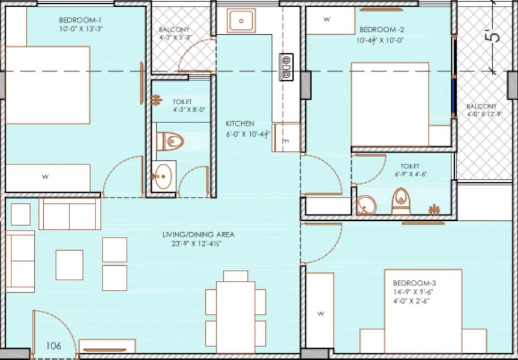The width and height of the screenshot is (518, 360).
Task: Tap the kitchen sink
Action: click(x=242, y=21)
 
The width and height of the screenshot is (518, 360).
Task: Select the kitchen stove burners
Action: click(x=286, y=67)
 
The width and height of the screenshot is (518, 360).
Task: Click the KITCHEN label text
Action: click(x=240, y=123)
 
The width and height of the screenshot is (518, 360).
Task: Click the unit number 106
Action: click(x=54, y=346)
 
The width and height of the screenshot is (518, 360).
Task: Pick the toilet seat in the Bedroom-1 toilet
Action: click(x=170, y=142)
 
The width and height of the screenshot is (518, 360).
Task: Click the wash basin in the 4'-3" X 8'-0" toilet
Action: click(x=163, y=176)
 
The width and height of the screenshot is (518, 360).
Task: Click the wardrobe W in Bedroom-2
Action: click(x=327, y=19)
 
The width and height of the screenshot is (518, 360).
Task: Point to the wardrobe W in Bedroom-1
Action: click(x=45, y=176)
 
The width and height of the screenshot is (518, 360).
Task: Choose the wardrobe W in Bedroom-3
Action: click(x=321, y=313)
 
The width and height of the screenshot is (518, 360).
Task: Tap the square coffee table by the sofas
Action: click(x=69, y=265)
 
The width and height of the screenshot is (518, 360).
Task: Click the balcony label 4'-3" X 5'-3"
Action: click(x=174, y=33)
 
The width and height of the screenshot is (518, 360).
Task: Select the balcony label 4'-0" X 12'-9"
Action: click(x=482, y=110)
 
